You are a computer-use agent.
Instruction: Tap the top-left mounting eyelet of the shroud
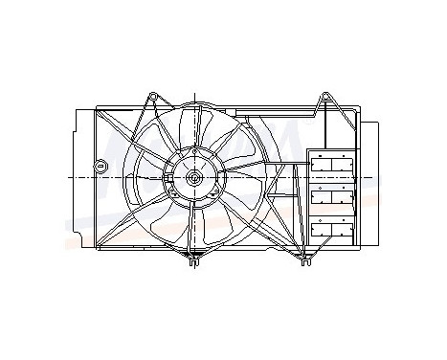point(150,96)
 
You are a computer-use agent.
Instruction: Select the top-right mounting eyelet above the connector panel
point(325,96)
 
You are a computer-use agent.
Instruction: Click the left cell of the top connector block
point(323,164)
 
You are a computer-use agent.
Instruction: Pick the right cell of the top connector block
point(344,164)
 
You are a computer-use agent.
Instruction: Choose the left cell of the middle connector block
point(323,197)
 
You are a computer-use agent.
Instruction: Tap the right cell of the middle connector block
point(344,197)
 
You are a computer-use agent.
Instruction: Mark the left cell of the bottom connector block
point(323,230)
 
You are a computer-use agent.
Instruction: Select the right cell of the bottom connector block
point(344,230)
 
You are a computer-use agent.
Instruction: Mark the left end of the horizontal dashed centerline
point(71,178)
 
